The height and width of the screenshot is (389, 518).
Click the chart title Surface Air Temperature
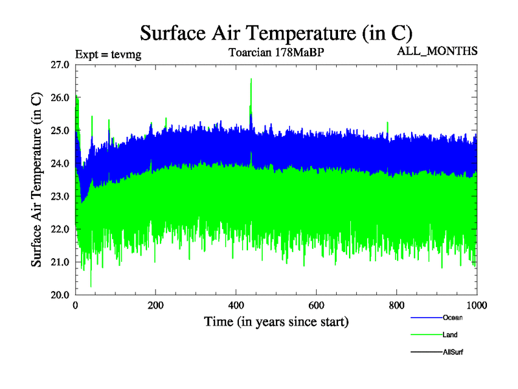point(276,32)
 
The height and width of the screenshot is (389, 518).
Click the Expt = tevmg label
point(108,54)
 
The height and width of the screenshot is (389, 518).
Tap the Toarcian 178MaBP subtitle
point(276,53)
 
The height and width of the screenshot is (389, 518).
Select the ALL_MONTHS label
point(437,51)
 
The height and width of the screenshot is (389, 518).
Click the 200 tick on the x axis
point(156,305)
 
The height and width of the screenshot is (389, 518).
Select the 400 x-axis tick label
point(236,305)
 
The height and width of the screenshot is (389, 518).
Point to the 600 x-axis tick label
point(317,305)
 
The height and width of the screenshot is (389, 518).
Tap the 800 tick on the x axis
point(397,305)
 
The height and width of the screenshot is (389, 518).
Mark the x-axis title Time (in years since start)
point(276,321)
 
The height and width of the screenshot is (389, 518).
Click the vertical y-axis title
point(38,180)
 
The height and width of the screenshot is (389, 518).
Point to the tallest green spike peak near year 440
point(251,79)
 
